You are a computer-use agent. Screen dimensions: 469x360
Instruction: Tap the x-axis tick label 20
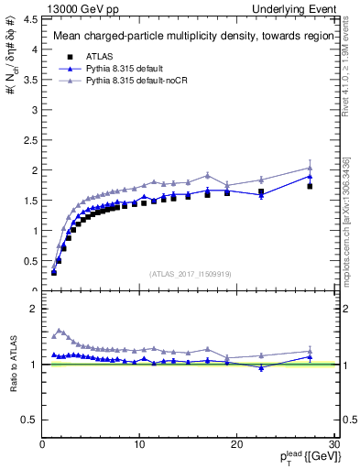point(237,444)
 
